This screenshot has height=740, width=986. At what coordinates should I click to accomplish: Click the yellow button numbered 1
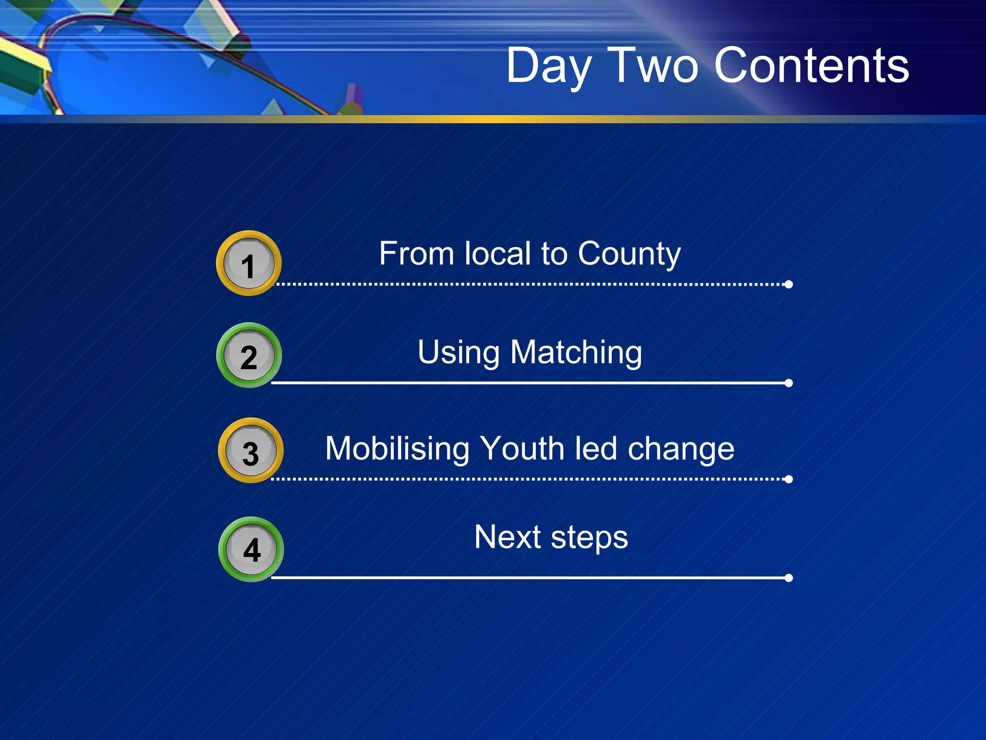[248, 264]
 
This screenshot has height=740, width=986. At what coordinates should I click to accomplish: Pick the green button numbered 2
[249, 356]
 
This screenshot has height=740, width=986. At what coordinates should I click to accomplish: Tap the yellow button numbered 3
[250, 451]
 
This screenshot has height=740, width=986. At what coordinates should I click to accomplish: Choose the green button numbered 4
[251, 549]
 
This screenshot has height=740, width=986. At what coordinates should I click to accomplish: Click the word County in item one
[629, 254]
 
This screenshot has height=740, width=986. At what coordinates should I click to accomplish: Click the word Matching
[576, 353]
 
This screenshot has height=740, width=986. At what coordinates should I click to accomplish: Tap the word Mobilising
[397, 449]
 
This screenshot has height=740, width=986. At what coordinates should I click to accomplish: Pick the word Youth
[523, 449]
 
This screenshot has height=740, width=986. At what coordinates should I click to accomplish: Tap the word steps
[589, 538]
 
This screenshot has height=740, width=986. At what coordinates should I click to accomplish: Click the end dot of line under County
[789, 284]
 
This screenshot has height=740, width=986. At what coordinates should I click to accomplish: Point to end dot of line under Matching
[789, 383]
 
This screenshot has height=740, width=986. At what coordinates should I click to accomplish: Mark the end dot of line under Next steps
[789, 578]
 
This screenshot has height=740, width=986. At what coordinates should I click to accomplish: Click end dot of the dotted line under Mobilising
[789, 479]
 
